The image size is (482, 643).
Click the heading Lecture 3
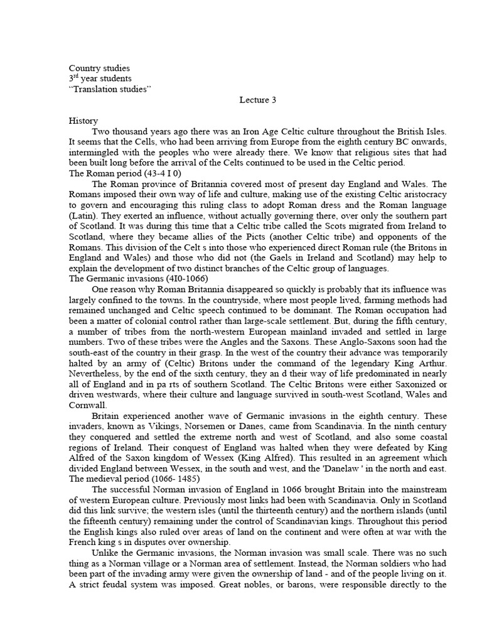click(x=258, y=100)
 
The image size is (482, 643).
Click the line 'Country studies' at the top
click(x=100, y=68)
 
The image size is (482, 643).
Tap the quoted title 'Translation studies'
click(x=110, y=89)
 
